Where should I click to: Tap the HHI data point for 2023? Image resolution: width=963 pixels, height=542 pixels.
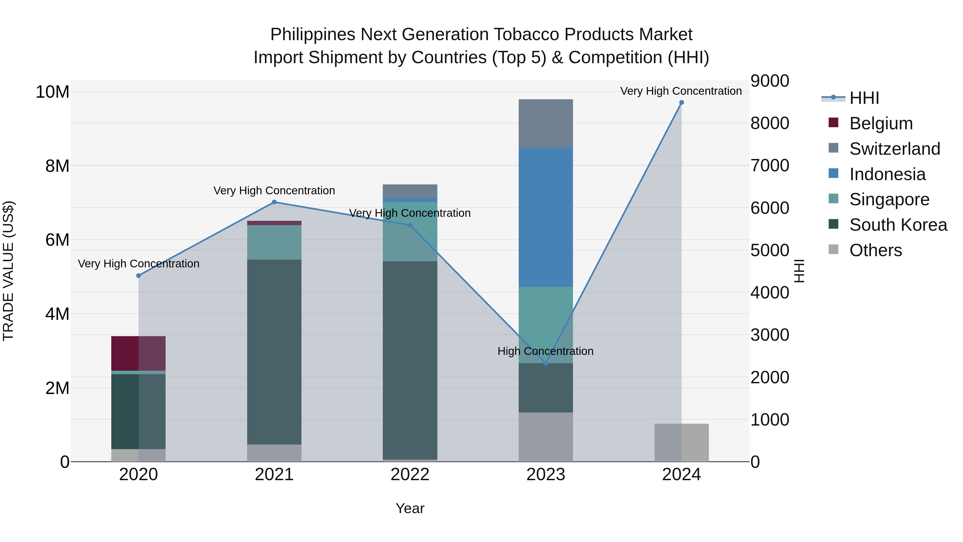(x=545, y=363)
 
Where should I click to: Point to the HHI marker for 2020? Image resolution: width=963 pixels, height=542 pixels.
(x=138, y=276)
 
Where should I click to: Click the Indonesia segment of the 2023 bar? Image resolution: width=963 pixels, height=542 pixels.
(x=545, y=217)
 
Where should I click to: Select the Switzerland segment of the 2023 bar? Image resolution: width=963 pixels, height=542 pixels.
(x=545, y=123)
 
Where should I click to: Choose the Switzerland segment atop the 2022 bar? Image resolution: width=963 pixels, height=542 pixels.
(x=410, y=191)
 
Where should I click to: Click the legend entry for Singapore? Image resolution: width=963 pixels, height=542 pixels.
(x=889, y=199)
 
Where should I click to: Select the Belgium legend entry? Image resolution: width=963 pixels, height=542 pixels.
(x=881, y=123)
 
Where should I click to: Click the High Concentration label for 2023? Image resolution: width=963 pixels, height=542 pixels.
(x=545, y=351)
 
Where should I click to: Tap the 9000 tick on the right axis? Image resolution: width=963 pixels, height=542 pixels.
(x=770, y=81)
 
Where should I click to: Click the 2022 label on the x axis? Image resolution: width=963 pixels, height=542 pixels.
(x=410, y=475)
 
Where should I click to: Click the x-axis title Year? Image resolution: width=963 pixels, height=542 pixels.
(x=410, y=508)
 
